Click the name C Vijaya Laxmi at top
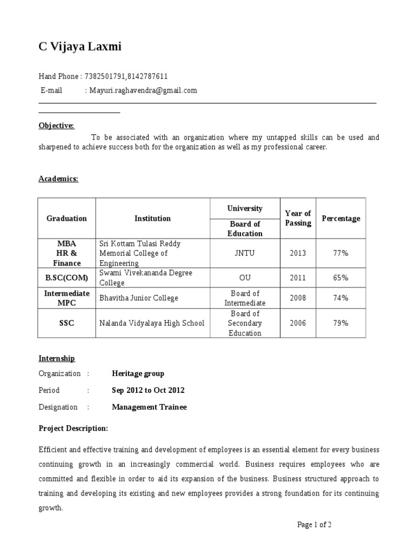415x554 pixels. coord(80,47)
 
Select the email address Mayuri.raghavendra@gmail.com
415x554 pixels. coord(143,90)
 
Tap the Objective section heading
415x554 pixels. coord(56,126)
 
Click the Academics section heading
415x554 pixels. coord(58,179)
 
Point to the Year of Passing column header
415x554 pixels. coord(298,218)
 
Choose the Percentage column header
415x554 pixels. coord(340,219)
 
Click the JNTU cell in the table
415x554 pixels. coord(245,253)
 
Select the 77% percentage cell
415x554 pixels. coord(340,253)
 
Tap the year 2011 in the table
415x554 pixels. coord(298,278)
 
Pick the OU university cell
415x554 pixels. coord(245,278)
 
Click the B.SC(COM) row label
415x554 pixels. coord(66,278)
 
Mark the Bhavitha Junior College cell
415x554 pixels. coord(138,298)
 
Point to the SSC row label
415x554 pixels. coord(66,323)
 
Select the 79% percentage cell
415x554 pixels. coord(340,323)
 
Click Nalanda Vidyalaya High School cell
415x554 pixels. coord(152,323)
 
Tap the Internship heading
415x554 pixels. coord(57,358)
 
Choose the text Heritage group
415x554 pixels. coord(138,373)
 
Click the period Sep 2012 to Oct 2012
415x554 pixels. coord(148,390)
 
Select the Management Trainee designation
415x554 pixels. coord(149,407)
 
